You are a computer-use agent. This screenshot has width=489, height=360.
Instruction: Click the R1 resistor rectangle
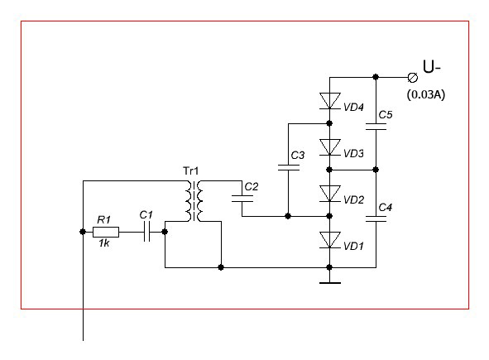[106, 232]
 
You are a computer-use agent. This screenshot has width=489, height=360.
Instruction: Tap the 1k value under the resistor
[104, 243]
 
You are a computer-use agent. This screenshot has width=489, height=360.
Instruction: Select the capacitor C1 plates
[147, 232]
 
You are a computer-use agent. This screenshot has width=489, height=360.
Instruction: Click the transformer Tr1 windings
[194, 201]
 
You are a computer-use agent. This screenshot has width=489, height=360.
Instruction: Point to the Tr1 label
[190, 171]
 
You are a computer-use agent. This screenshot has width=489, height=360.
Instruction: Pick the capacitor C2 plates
[242, 199]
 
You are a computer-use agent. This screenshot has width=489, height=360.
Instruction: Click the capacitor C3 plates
[288, 167]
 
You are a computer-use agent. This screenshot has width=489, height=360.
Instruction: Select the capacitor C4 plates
[376, 218]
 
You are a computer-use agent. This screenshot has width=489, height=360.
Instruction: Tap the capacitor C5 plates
[376, 127]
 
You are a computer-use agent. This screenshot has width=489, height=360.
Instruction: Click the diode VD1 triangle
[330, 240]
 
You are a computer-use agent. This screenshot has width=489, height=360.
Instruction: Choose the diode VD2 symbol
[330, 194]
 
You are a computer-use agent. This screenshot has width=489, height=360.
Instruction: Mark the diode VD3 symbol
[330, 147]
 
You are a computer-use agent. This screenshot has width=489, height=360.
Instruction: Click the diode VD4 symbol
[330, 101]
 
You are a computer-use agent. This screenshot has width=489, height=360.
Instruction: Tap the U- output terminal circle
[413, 77]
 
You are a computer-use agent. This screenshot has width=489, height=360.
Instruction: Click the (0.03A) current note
[426, 94]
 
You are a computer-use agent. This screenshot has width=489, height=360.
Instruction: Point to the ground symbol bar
[330, 283]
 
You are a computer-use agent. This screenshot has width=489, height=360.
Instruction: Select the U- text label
[431, 66]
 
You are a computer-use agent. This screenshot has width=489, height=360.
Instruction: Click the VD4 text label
[353, 108]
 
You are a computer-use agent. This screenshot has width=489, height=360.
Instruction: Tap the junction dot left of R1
[83, 232]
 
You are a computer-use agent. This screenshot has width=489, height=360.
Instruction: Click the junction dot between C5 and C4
[376, 170]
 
